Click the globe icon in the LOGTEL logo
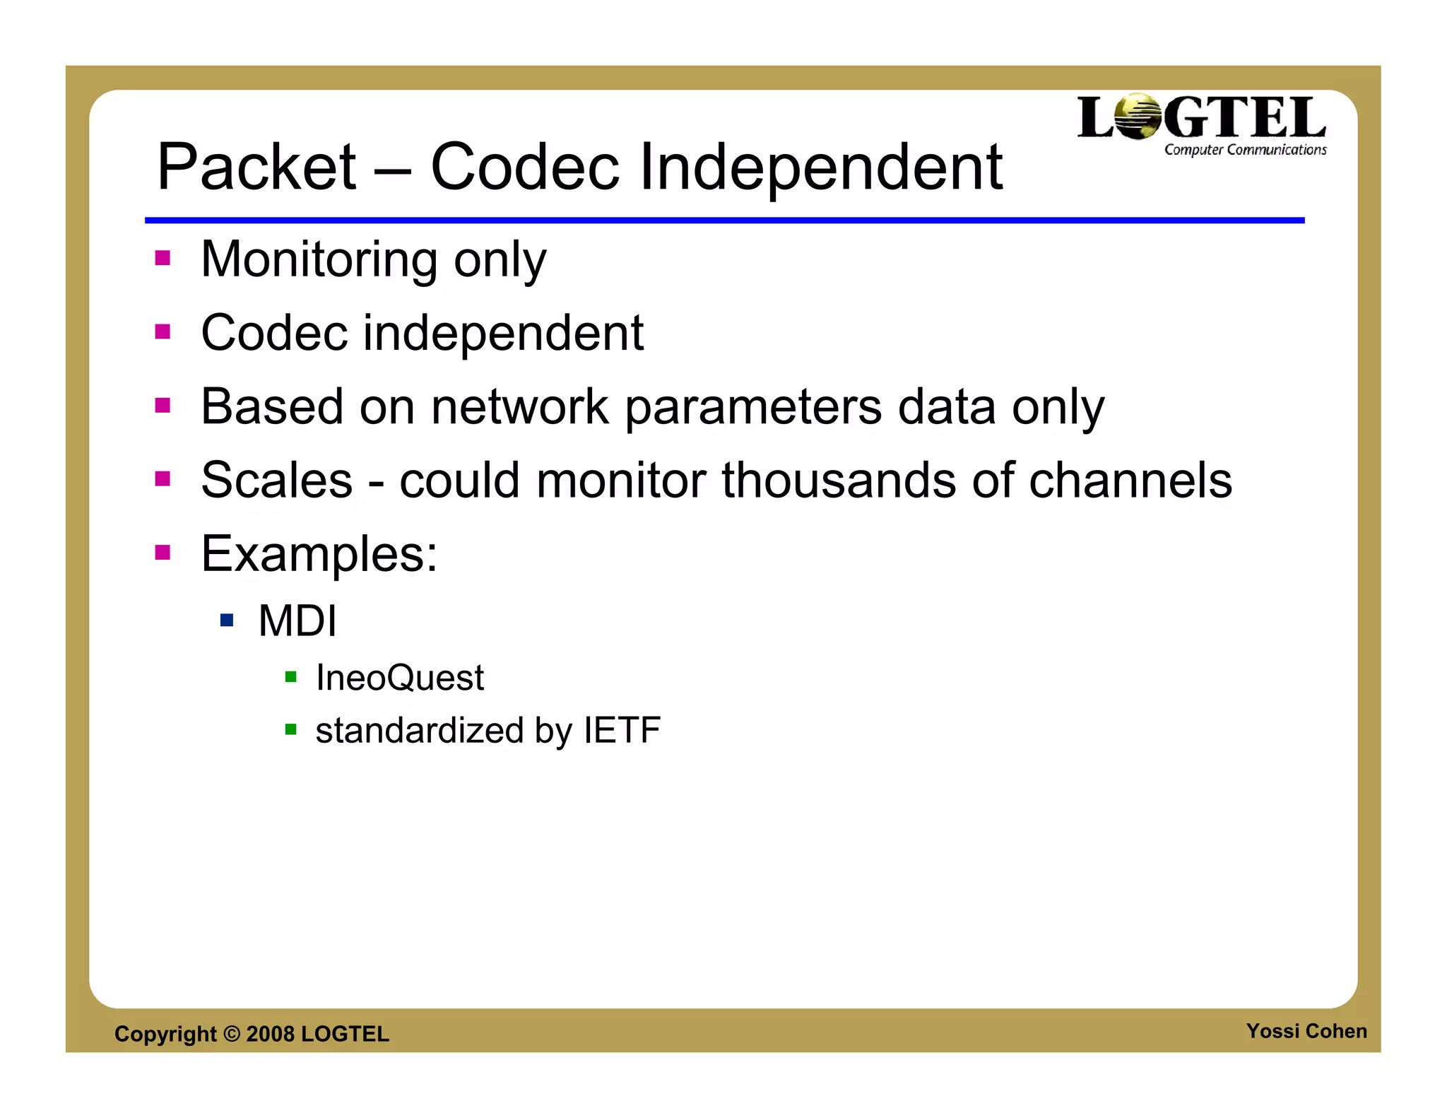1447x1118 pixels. click(1138, 116)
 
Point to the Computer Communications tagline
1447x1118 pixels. click(1245, 150)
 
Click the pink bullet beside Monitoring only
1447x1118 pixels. click(163, 258)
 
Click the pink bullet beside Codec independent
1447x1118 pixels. click(163, 331)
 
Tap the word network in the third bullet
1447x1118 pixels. click(520, 407)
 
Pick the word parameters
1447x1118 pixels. click(753, 408)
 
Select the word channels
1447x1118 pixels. click(1130, 481)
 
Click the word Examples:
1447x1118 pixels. click(319, 554)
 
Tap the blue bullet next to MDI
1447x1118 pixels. click(227, 620)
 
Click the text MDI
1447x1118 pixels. click(297, 620)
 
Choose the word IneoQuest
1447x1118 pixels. click(400, 678)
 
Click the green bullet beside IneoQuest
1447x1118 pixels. click(290, 677)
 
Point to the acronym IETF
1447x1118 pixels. click(622, 730)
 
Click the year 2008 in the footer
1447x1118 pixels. click(270, 1034)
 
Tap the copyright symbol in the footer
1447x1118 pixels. click(231, 1034)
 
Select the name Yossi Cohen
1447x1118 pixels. click(1306, 1031)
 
